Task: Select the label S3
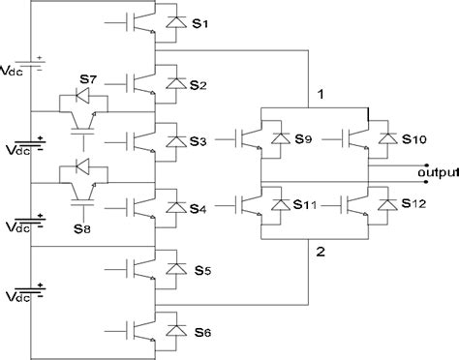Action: (198, 143)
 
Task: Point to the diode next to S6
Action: (174, 331)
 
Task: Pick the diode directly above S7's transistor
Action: (80, 97)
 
